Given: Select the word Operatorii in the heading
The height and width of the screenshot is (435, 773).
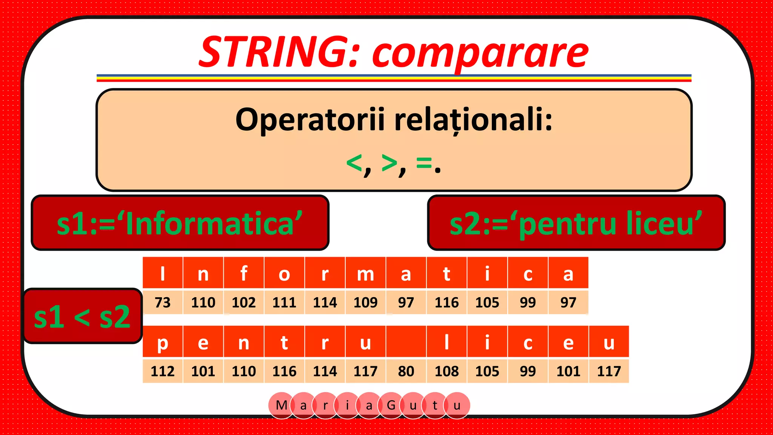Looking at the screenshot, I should point(310,120).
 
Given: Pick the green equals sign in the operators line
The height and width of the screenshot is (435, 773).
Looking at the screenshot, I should point(424,163).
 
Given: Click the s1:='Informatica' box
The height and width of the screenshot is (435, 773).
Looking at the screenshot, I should point(180,223).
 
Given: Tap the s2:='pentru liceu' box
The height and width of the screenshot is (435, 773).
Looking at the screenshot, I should point(576,223).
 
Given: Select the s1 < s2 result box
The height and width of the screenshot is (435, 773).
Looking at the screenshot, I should point(82,316).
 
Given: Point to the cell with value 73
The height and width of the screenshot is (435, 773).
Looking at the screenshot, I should point(163,302).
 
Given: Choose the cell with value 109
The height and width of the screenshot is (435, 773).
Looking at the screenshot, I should point(365,302).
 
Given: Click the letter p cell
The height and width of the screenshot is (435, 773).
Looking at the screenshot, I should point(163,342).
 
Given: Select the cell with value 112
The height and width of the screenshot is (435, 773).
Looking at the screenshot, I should point(163,371).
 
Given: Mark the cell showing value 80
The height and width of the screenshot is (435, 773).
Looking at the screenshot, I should point(406,371).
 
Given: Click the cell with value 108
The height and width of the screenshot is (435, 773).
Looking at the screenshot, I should point(447,371).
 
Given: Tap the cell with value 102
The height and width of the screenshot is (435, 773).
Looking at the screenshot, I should point(244,302).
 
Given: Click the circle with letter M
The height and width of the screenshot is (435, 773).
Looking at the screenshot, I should point(282,406).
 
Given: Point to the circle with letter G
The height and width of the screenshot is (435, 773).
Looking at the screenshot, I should point(391,406).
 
